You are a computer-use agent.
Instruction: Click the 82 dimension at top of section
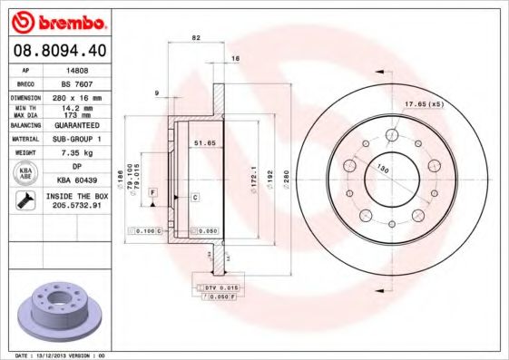[x=195, y=37]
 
